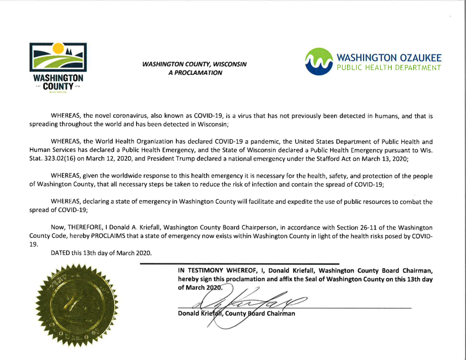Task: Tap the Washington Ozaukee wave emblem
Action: pyautogui.click(x=321, y=61)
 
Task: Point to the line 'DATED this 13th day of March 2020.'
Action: pyautogui.click(x=101, y=253)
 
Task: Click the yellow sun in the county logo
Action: pyautogui.click(x=58, y=47)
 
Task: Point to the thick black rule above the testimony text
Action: pyautogui.click(x=239, y=264)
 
